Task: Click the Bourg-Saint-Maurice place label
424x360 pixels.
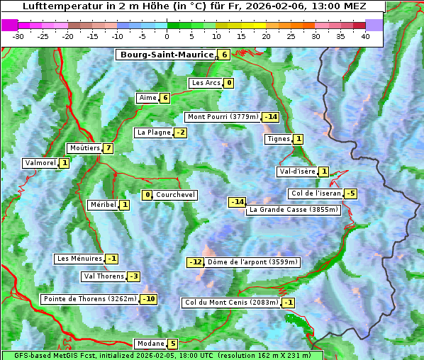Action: [x=167, y=55]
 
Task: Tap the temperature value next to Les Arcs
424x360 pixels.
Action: [x=229, y=83]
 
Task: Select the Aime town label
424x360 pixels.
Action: [x=147, y=98]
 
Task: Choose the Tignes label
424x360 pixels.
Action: [x=279, y=139]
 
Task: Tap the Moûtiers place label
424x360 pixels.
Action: [x=84, y=148]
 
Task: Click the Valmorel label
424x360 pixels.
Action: [x=40, y=163]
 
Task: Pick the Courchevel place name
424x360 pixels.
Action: [x=176, y=195]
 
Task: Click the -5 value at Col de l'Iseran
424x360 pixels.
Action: [x=350, y=193]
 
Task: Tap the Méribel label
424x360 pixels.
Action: [x=103, y=205]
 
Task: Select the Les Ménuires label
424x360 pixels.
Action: [x=79, y=259]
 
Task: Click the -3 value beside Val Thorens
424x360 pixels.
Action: [x=133, y=276]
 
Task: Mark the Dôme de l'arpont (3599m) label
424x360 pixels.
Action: [x=253, y=262]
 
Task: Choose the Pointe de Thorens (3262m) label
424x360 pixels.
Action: [x=90, y=299]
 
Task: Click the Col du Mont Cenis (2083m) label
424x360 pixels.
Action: [x=231, y=303]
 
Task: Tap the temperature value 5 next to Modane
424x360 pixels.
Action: [x=172, y=344]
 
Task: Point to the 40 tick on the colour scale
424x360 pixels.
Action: [x=365, y=36]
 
